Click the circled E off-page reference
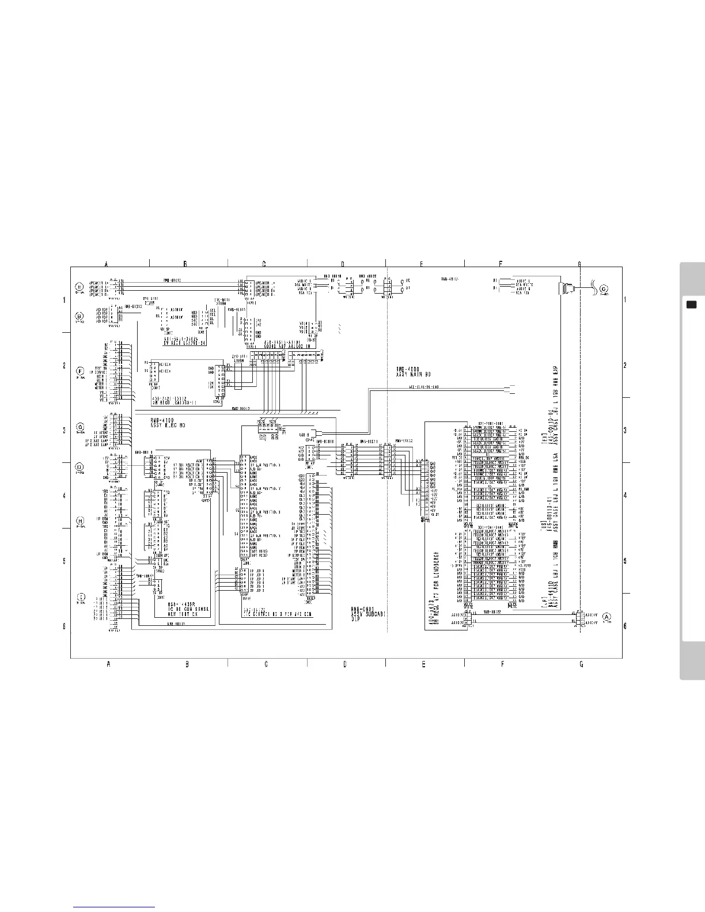[x=79, y=287]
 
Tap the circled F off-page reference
[x=79, y=370]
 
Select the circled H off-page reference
[x=80, y=521]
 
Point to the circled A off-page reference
[x=607, y=616]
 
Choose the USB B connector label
[x=305, y=434]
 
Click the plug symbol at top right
[x=567, y=287]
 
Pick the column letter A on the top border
[x=107, y=264]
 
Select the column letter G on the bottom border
[x=581, y=664]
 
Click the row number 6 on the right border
[x=625, y=626]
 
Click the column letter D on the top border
[x=342, y=264]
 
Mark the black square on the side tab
[x=692, y=304]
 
